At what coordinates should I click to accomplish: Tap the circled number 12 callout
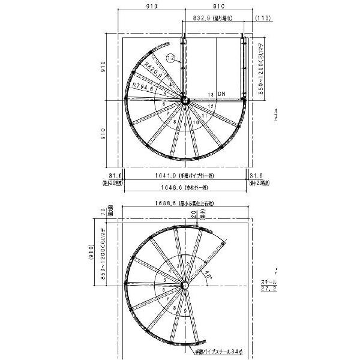[x=170, y=58]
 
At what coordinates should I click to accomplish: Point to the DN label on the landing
[x=221, y=95]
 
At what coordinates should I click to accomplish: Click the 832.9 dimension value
[x=209, y=19]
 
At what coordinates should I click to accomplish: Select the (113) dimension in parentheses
[x=262, y=19]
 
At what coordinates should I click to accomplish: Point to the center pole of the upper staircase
[x=184, y=101]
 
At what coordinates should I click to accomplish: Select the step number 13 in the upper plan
[x=211, y=95]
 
